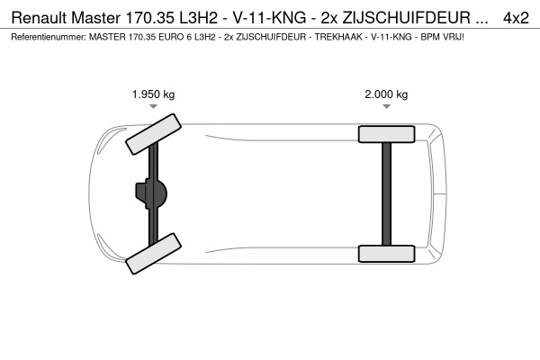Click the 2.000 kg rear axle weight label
[x=386, y=94]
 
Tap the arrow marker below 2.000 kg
[x=386, y=107]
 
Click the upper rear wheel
[x=386, y=134]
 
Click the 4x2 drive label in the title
[x=516, y=17]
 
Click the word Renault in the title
[x=39, y=17]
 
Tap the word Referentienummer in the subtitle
[x=46, y=37]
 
